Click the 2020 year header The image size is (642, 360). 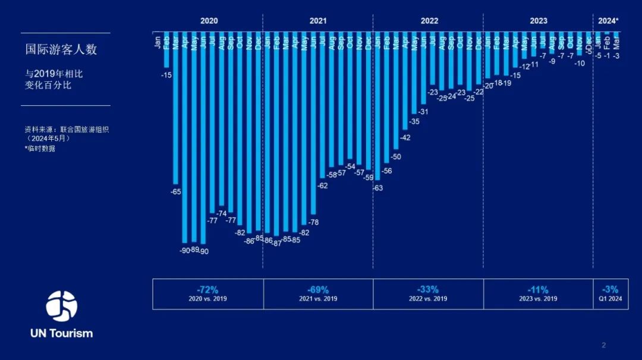point(209,21)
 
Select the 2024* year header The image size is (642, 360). point(608,21)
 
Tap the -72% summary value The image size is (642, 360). point(208,290)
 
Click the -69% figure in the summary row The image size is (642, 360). point(318,290)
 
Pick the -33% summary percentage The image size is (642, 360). point(428,290)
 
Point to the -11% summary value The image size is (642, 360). point(538,290)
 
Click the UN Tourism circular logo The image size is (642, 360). point(61,306)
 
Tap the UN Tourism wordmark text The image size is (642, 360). point(62,333)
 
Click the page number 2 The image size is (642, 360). point(604,345)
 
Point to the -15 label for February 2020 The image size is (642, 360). point(166,75)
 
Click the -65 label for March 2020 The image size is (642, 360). point(176,192)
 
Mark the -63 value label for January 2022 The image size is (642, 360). point(377,188)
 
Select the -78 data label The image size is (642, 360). point(313,222)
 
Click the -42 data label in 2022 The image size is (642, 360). point(405,138)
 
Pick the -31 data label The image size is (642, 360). point(423,112)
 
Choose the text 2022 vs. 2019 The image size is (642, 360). point(428,299)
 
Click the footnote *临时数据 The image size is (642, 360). point(40,149)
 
